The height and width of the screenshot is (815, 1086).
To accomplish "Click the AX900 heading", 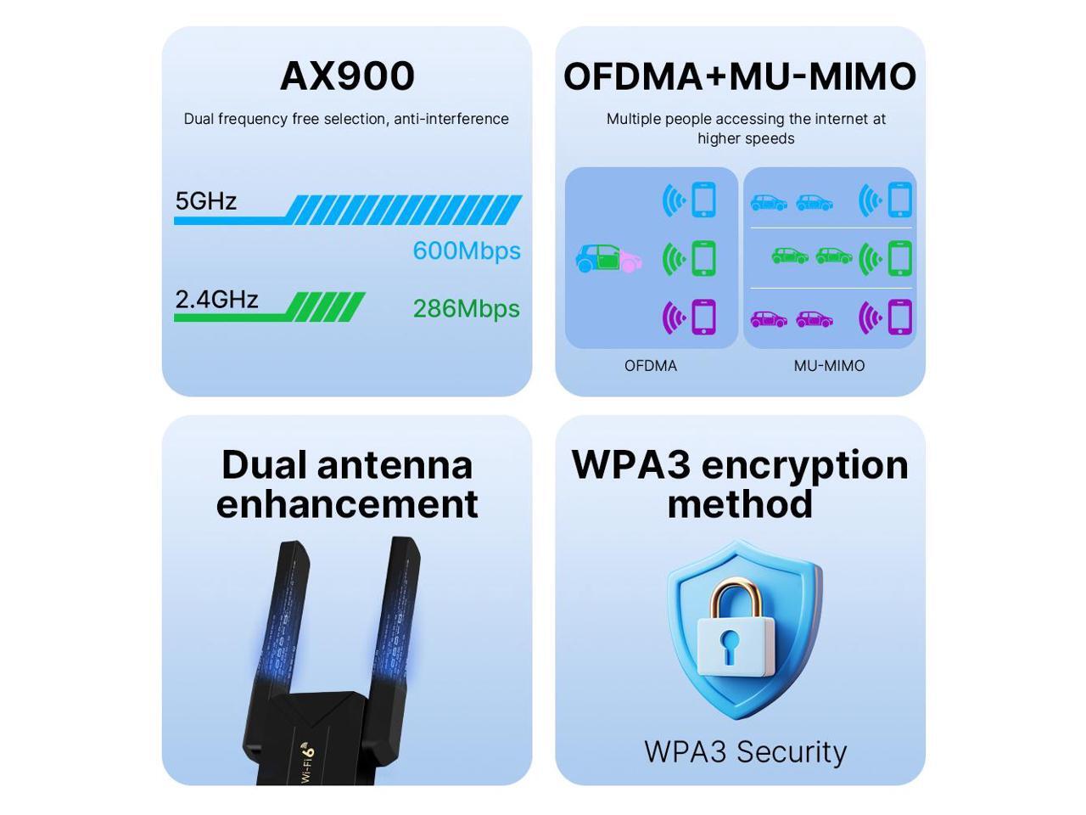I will (347, 76).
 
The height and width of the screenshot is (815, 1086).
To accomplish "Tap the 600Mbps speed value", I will (466, 250).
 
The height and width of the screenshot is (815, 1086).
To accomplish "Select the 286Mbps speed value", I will (466, 308).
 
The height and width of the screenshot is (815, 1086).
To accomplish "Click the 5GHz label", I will (205, 201).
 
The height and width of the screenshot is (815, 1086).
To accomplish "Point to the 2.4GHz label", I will (216, 299).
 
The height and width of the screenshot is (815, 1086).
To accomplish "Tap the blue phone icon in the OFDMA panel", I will (704, 200).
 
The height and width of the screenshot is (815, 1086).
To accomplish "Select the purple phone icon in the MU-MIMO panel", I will (899, 318).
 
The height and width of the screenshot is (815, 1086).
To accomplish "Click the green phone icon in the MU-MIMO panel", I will (899, 259).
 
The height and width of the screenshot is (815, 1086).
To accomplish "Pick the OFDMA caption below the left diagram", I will (651, 366).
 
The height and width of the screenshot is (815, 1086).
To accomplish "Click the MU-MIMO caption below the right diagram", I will (829, 366).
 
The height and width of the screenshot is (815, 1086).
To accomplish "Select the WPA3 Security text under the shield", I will (745, 751).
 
